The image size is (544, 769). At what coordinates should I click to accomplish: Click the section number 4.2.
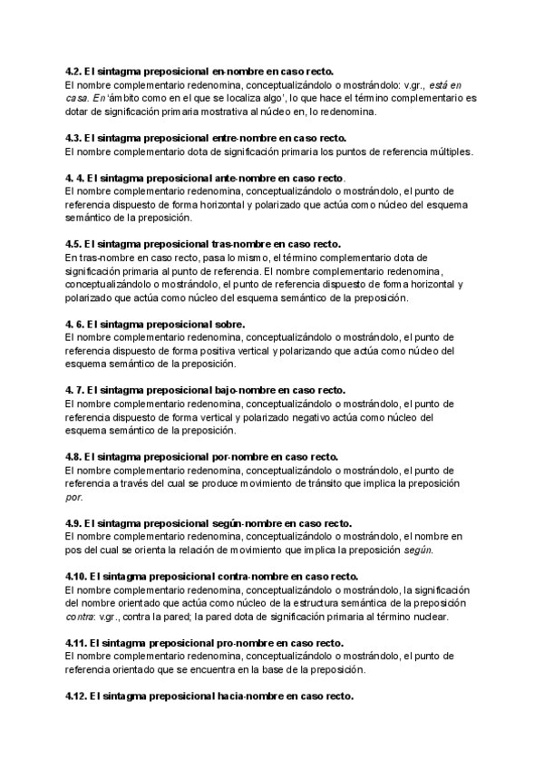pyautogui.click(x=73, y=71)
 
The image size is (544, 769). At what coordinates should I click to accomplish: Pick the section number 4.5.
pyautogui.click(x=73, y=244)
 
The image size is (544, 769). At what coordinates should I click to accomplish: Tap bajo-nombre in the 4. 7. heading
pyautogui.click(x=240, y=390)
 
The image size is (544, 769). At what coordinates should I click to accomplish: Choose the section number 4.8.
pyautogui.click(x=73, y=456)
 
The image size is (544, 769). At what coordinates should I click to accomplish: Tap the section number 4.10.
pyautogui.click(x=76, y=577)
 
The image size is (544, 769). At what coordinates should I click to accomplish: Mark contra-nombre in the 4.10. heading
pyautogui.click(x=252, y=577)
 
